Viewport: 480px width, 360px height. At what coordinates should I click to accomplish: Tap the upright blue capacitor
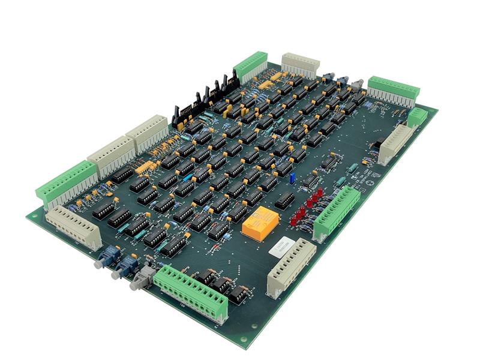[x=292, y=178]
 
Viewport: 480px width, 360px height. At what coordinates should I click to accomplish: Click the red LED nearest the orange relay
[x=294, y=219]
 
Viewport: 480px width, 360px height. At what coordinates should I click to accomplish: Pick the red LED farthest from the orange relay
[x=320, y=192]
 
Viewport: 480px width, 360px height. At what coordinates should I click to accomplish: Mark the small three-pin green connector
[x=418, y=116]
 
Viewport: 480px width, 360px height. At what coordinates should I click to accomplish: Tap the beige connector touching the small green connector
[x=396, y=143]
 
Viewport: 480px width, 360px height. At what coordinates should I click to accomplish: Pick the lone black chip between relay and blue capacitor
[x=284, y=200]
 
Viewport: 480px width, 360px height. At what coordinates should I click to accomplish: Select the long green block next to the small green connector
[x=393, y=89]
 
